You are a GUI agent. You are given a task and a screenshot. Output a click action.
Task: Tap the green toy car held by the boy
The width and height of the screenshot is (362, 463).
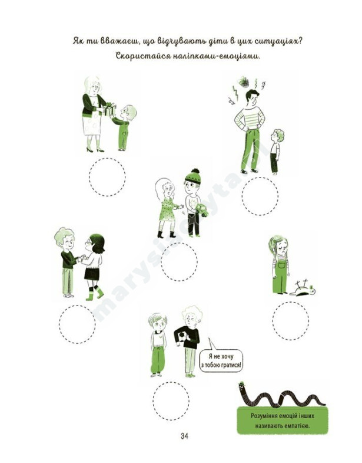tap(202, 210)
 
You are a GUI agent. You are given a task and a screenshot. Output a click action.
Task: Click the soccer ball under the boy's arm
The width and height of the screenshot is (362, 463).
tap(182, 336)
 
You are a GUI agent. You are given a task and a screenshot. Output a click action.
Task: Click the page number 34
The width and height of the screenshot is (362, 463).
tap(185, 436)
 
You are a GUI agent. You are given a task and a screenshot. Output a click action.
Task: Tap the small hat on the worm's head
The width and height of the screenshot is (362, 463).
tap(241, 383)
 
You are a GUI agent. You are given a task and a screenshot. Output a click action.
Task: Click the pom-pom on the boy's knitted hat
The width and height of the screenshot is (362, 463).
tap(195, 171)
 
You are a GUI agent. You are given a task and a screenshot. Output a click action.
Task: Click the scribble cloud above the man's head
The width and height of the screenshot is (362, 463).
tap(244, 82)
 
